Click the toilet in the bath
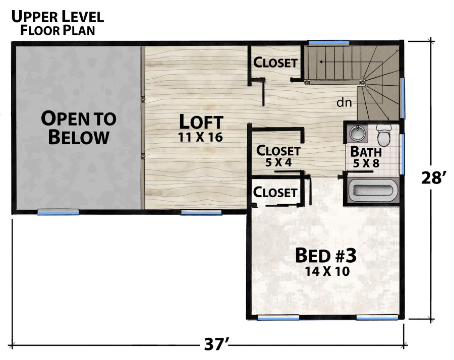384,135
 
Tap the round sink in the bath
356,133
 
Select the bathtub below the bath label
373,191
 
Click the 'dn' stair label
344,102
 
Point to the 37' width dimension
216,344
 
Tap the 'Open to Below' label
79,128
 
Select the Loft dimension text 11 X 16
200,137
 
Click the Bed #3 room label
326,256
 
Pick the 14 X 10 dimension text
327,271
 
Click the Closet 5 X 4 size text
278,163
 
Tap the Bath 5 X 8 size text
366,163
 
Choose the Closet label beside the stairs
275,62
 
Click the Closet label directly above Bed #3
275,192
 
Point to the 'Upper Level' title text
58,17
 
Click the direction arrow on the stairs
351,62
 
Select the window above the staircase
328,42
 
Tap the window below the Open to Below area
58,213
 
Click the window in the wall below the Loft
201,213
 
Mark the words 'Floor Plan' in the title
58,30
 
